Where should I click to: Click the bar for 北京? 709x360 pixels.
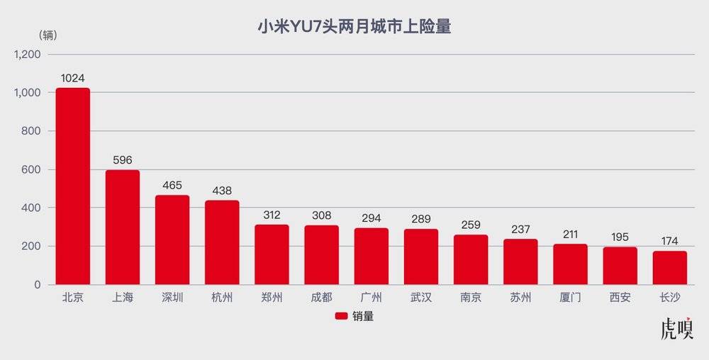coord(73,186)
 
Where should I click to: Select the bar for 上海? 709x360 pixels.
coord(123,227)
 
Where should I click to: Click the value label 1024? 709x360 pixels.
coord(73,79)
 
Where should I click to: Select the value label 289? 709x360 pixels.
coord(421,220)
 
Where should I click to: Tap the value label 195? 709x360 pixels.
coord(620,238)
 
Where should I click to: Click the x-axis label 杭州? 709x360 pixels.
coord(222,298)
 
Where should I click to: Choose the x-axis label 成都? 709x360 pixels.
coord(322,298)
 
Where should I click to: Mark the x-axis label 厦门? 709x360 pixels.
coord(571,298)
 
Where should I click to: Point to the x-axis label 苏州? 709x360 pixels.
coord(521,298)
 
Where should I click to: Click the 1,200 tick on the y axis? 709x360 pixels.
coord(28,55)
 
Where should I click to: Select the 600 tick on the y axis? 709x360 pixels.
coord(33,170)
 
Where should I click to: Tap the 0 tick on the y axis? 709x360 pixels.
coord(40,285)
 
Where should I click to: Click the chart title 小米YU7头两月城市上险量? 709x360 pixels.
coord(354,28)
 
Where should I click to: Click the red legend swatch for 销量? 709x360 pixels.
coord(340,317)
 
